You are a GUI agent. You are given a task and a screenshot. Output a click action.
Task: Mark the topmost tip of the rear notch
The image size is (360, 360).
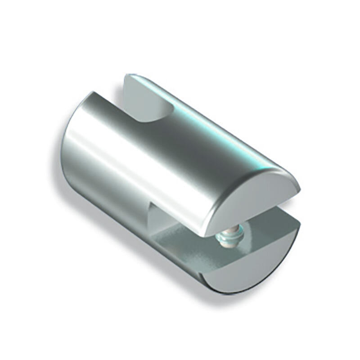coord(128,76)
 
